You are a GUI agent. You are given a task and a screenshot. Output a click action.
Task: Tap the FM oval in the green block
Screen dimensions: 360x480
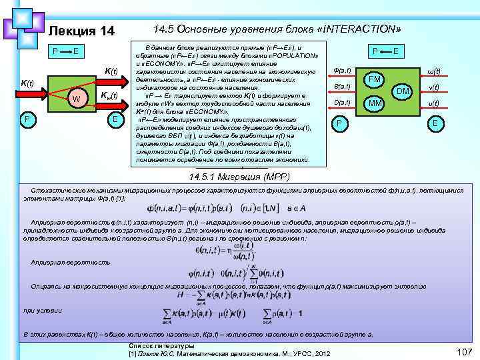point(374,80)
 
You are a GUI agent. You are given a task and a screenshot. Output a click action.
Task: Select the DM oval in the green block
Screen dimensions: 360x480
point(402,91)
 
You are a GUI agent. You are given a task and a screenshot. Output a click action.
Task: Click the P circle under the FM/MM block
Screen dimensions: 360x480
point(339,124)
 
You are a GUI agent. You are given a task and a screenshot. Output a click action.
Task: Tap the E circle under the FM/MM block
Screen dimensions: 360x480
point(435,124)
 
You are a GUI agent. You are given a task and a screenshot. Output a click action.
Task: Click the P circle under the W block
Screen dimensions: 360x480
point(25,119)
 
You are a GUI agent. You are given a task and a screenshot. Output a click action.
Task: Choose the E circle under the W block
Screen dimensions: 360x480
point(115,119)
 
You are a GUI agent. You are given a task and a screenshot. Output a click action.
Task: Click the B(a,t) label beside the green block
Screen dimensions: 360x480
point(341,87)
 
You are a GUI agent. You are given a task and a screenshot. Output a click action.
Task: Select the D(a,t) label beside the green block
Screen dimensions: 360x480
point(341,102)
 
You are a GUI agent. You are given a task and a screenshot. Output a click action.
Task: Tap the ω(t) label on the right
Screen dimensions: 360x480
point(433,72)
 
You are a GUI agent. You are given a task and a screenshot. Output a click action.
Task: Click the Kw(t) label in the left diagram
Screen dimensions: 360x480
point(108,95)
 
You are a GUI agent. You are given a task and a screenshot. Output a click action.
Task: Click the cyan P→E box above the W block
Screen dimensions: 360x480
point(67,51)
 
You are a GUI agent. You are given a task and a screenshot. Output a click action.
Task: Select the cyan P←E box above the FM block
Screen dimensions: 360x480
point(386,51)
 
